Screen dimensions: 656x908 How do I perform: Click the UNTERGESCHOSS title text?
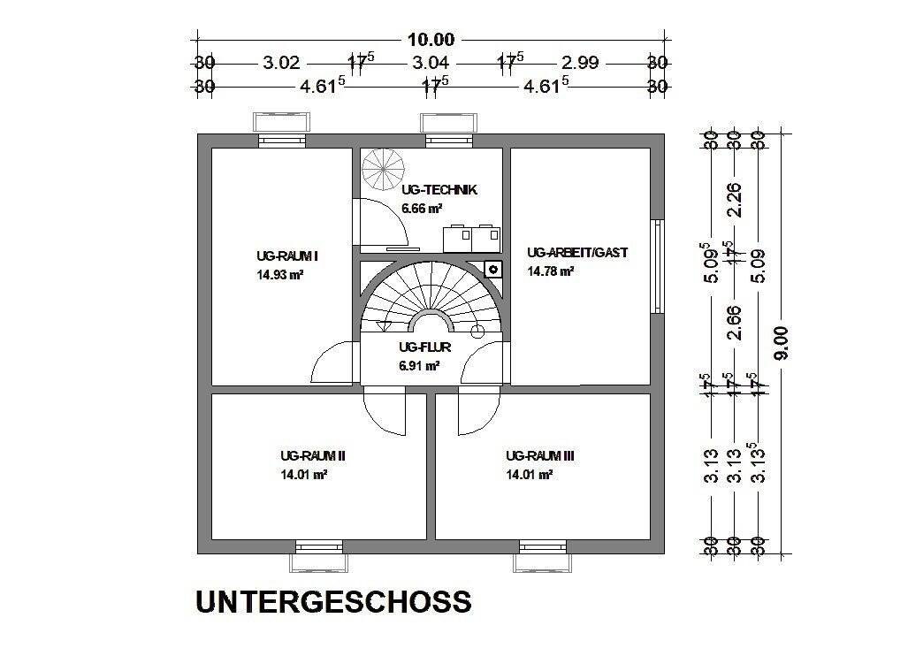point(333,602)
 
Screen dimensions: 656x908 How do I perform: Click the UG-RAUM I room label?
point(286,256)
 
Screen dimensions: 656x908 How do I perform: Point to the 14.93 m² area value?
point(280,275)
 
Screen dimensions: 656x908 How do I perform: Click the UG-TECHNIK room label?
point(439,190)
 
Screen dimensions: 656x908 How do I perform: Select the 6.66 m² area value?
point(422,210)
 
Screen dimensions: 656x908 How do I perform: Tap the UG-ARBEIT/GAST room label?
point(576,253)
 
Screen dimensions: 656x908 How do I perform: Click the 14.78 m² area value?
point(550,271)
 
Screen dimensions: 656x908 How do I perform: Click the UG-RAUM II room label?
point(312,456)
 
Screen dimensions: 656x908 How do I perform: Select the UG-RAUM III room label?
point(540,456)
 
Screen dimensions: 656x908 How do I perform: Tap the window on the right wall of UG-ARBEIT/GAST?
point(656,265)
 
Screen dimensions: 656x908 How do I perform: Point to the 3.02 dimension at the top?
point(282,63)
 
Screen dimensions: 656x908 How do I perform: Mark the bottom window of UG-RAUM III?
point(543,552)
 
